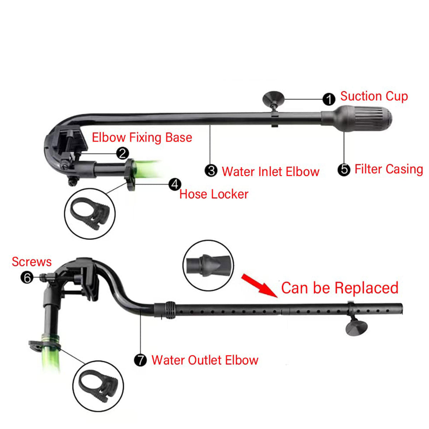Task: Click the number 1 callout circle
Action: pos(329,99)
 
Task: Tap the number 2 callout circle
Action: pos(122,153)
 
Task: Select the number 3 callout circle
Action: pos(211,171)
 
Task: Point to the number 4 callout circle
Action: pos(174,184)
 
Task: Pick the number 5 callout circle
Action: pos(344,169)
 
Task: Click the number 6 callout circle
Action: pos(27,277)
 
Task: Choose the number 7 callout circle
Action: pos(140,360)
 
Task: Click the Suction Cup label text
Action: pos(374,96)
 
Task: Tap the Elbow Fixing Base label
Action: pos(142,137)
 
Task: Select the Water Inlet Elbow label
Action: pos(271,172)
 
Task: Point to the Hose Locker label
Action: pos(214,194)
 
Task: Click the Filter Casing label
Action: pos(389,169)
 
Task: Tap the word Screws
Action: pos(32,262)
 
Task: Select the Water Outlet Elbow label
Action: pos(205,360)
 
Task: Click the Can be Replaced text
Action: pos(340,288)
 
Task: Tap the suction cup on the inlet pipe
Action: pos(273,98)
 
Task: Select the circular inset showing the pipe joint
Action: pos(208,265)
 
